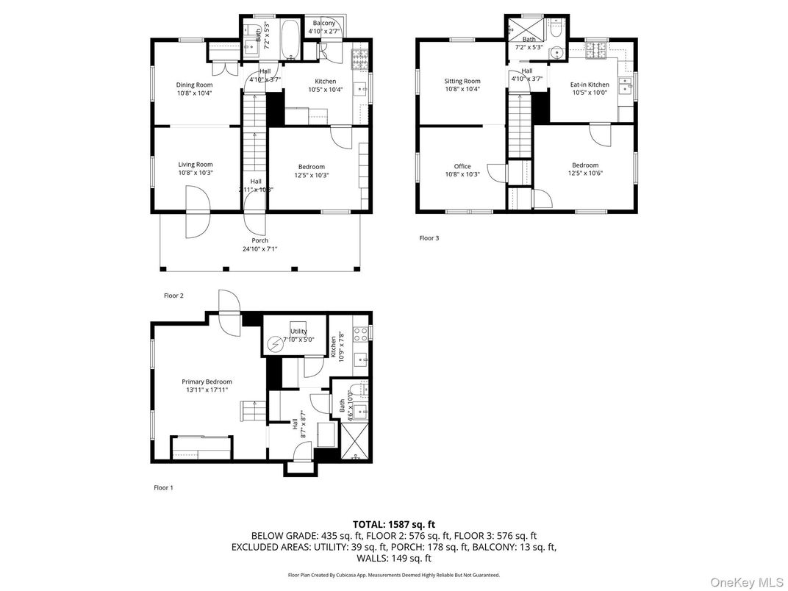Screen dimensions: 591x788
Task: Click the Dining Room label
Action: coord(194,85)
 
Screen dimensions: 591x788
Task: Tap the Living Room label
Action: coord(195,165)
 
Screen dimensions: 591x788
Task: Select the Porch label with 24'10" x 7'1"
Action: coord(259,240)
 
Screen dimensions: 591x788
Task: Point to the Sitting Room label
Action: coord(462,81)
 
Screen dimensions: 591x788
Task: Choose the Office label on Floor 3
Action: coord(462,166)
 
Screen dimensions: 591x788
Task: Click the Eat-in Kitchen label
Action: coord(590,85)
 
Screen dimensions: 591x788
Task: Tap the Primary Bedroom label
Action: coord(207,382)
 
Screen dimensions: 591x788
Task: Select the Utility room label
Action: coord(298,332)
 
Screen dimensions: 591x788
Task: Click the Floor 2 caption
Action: coord(173,295)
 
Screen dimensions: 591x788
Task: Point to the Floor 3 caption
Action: coord(429,238)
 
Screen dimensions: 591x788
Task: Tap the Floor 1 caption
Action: coord(163,487)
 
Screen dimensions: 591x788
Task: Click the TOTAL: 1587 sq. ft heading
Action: coord(393,524)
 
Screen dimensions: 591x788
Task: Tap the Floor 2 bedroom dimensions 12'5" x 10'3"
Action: coord(310,175)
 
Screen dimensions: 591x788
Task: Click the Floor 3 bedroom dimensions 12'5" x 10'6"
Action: coord(585,173)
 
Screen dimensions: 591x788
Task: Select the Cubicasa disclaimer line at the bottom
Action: coord(393,575)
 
